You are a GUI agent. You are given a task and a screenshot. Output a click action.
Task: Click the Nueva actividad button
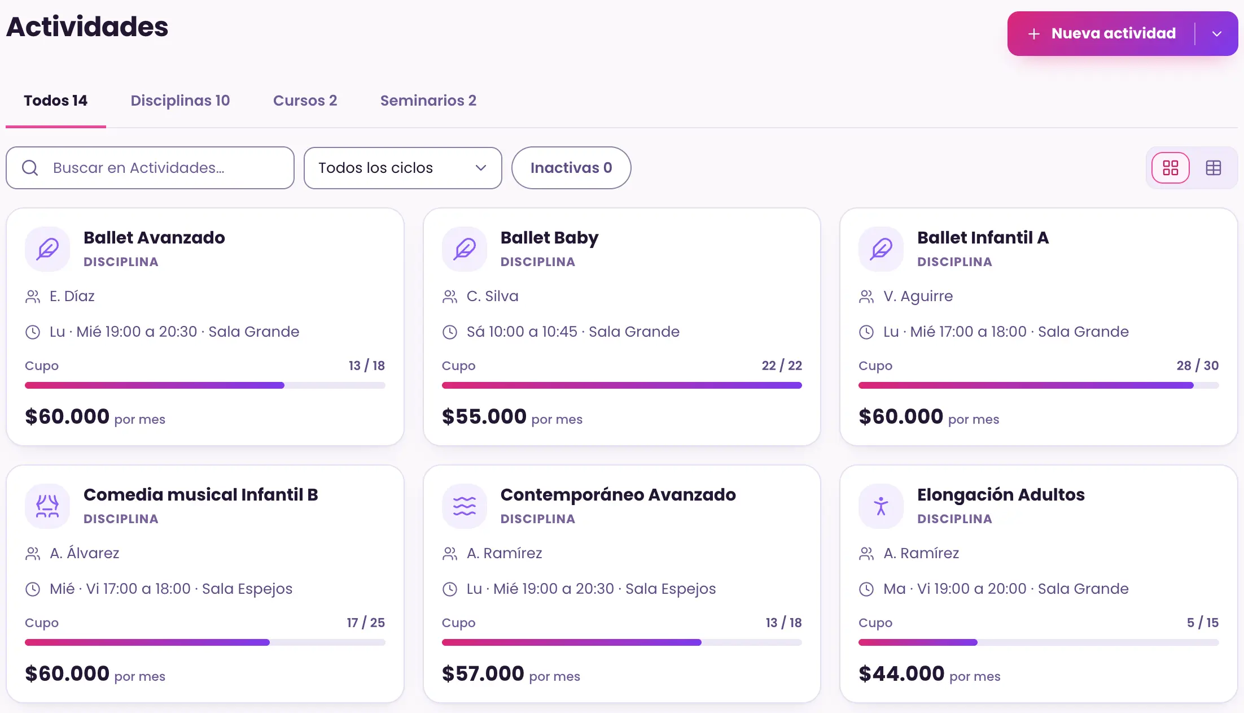[1101, 33]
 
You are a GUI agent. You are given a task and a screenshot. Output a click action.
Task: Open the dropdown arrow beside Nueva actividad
[1217, 34]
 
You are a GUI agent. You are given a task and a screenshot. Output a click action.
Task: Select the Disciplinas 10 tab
[180, 101]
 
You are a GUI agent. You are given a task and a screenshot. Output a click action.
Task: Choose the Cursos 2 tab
[305, 101]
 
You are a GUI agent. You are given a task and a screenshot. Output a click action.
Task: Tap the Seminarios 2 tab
[428, 101]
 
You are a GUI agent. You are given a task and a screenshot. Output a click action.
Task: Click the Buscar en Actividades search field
[150, 168]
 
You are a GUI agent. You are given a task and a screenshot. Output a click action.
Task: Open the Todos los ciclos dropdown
[402, 168]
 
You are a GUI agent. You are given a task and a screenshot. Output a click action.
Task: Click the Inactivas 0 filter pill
[571, 168]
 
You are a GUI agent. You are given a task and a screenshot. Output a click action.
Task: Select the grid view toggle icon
[1171, 168]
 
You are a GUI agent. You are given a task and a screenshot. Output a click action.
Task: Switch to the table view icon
[1214, 168]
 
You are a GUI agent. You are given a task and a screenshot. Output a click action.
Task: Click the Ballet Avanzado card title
[154, 238]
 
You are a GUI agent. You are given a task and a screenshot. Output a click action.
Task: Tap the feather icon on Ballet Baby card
[465, 249]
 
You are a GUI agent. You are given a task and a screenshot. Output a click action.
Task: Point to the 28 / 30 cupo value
[1198, 366]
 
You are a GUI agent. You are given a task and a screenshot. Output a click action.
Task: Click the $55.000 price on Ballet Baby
[484, 416]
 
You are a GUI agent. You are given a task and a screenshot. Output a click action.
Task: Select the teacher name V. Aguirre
[918, 296]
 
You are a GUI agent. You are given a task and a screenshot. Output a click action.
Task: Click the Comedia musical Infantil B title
[201, 495]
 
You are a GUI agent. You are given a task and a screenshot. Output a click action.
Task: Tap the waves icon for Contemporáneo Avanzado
[465, 506]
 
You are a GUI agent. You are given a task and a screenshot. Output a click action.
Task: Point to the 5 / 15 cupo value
[1203, 623]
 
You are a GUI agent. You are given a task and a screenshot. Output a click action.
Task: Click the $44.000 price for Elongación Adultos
[901, 673]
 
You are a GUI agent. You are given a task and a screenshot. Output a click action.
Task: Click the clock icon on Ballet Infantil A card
[866, 332]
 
